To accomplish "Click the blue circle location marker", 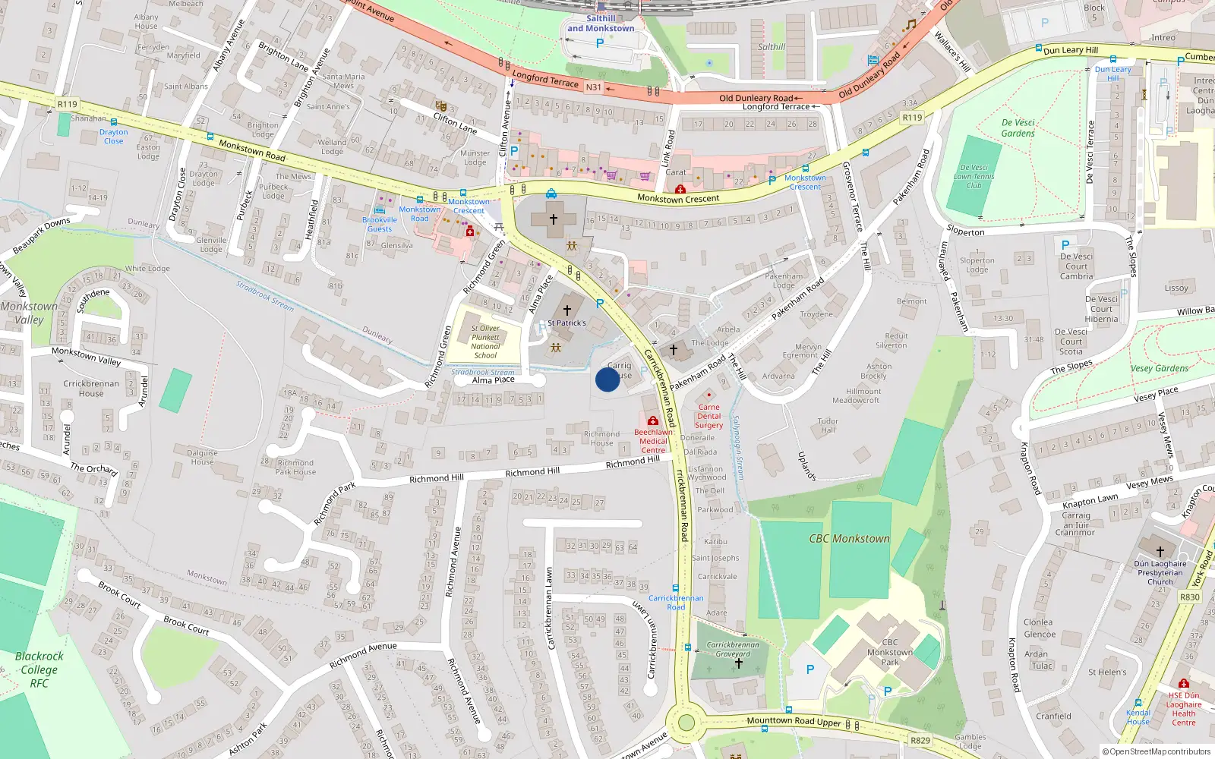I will click(607, 379).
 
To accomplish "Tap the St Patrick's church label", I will click(567, 323).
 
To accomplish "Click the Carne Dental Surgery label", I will click(708, 416).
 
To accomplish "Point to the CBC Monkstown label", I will click(849, 539).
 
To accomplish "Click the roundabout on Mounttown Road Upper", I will click(686, 722).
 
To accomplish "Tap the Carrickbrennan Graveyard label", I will click(733, 649).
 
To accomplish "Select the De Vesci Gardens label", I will click(1018, 128).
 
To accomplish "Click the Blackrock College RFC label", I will click(39, 669).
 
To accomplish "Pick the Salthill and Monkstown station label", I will click(601, 24).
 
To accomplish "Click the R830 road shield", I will click(1190, 597).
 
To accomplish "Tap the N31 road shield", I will click(593, 87).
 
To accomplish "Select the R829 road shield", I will click(920, 740).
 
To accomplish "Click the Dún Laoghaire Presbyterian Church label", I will click(1160, 573).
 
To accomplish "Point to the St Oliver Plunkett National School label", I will click(485, 342).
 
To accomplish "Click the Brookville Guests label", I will click(380, 224).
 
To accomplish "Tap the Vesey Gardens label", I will click(1160, 369).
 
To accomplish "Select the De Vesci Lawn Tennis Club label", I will click(974, 176).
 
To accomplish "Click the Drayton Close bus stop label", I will click(113, 137).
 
